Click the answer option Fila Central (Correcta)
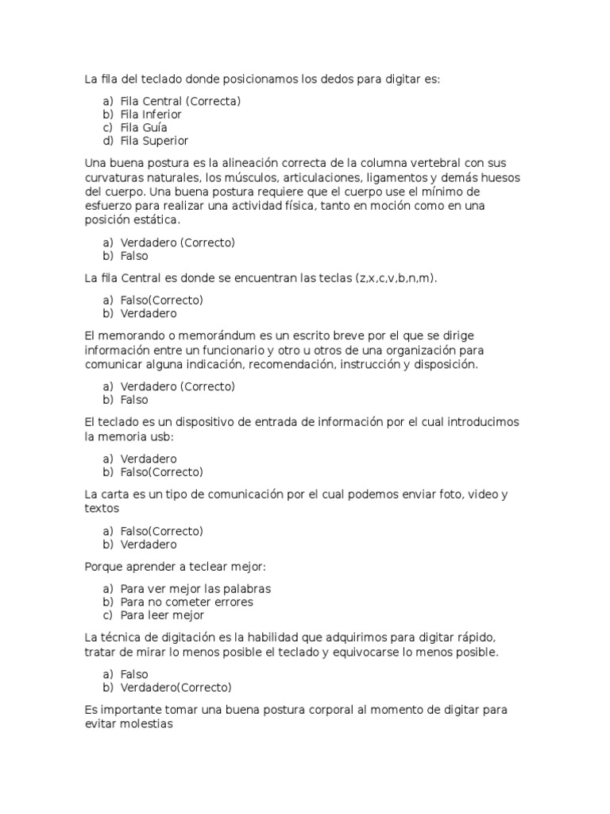click(180, 101)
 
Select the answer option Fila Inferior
click(151, 114)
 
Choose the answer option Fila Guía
click(144, 127)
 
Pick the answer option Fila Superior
click(154, 141)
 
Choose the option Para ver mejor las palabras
click(195, 589)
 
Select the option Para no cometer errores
click(187, 602)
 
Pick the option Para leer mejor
click(162, 615)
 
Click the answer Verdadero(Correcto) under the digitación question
click(176, 688)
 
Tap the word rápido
click(473, 638)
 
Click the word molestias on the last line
click(145, 725)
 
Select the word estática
click(156, 219)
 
